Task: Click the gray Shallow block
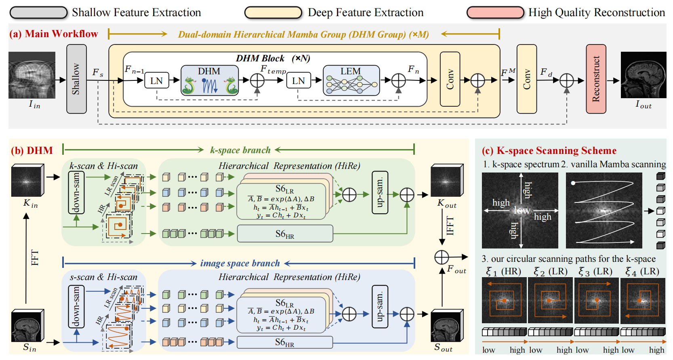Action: pyautogui.click(x=76, y=79)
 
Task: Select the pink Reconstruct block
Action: pyautogui.click(x=596, y=79)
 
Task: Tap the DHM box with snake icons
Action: pyautogui.click(x=209, y=80)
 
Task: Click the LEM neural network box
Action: pyautogui.click(x=351, y=80)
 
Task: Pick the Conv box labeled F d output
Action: pyautogui.click(x=526, y=79)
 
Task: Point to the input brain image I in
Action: pyautogui.click(x=32, y=75)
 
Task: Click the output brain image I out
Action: pyautogui.click(x=643, y=75)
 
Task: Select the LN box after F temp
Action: pyautogui.click(x=298, y=80)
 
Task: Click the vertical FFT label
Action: pyautogui.click(x=35, y=258)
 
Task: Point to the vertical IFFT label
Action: pyautogui.click(x=450, y=225)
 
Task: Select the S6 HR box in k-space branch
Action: pyautogui.click(x=285, y=234)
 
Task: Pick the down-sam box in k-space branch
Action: pyautogui.click(x=76, y=192)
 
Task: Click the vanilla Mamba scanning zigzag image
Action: pyautogui.click(x=604, y=210)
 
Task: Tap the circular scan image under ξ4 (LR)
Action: pyautogui.click(x=643, y=300)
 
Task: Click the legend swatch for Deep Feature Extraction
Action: pyautogui.click(x=273, y=13)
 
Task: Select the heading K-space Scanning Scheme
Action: pyautogui.click(x=556, y=151)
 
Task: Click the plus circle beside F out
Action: pyautogui.click(x=442, y=257)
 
